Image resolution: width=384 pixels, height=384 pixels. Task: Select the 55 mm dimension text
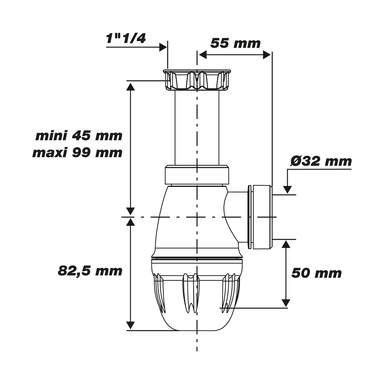coord(235,43)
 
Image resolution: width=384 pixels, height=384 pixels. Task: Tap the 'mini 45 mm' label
coord(79,136)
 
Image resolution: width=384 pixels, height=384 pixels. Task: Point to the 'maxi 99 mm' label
coord(77,153)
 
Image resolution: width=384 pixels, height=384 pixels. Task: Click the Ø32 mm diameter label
coord(321,161)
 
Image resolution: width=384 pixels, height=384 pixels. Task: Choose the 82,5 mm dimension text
coord(90,271)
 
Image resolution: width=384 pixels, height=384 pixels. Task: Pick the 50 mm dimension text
coord(316,273)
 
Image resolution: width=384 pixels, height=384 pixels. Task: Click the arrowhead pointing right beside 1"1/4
coord(163,47)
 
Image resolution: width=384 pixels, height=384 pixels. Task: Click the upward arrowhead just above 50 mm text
coord(286,245)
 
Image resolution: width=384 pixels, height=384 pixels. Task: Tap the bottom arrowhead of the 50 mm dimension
coord(286,302)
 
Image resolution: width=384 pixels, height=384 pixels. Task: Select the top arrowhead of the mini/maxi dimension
coord(131,86)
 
